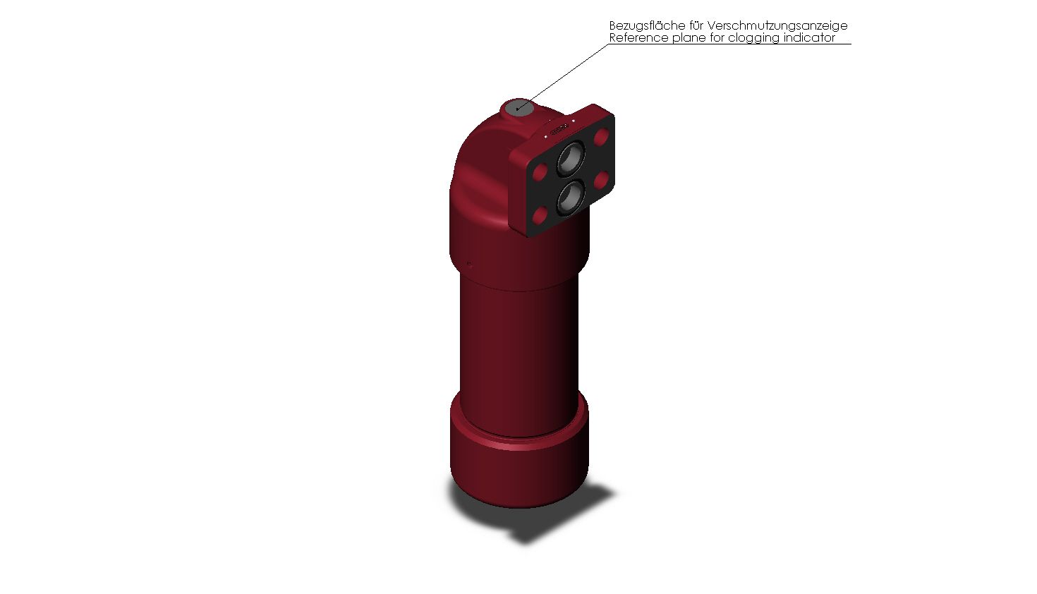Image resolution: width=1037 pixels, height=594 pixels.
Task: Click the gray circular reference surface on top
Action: pos(518,107)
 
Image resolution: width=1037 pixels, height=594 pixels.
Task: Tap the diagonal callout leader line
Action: pos(563,76)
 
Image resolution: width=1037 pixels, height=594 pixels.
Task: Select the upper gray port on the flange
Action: pos(570,159)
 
